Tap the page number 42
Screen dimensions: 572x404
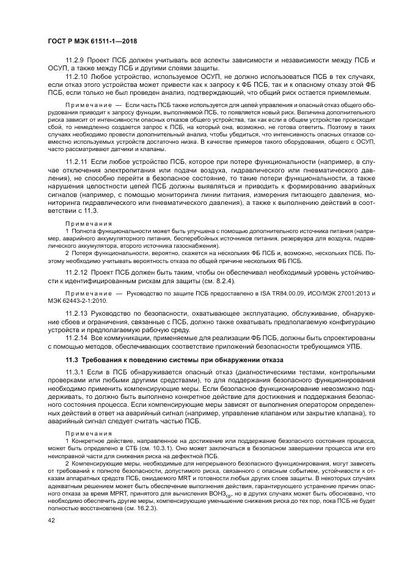[51, 521]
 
